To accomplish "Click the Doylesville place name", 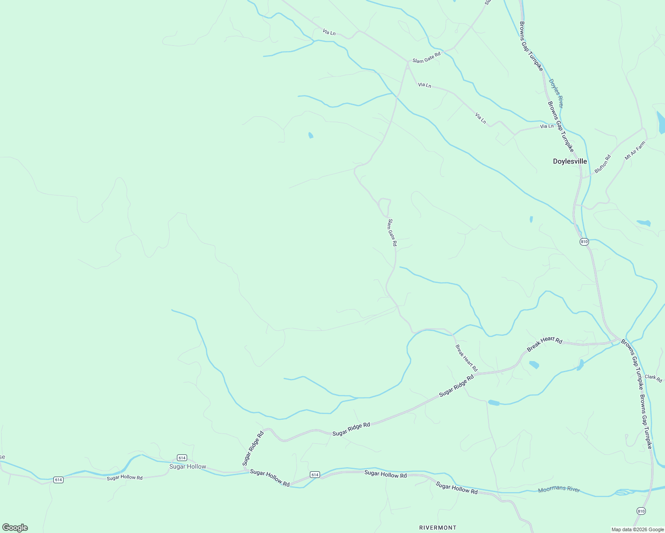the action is [x=569, y=161].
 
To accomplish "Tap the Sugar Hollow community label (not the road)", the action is [x=188, y=466].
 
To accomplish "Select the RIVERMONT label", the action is [x=437, y=527].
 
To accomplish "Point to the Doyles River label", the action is [x=556, y=93].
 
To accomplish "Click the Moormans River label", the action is [x=559, y=489].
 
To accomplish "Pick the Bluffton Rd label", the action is [x=602, y=164].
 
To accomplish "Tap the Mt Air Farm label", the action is [x=634, y=151].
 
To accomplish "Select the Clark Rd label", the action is [x=653, y=378].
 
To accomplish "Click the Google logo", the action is [x=15, y=528].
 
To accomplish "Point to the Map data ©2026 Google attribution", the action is [x=637, y=529].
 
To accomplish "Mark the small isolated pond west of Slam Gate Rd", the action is [x=310, y=135].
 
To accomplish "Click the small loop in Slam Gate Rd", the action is [x=384, y=207].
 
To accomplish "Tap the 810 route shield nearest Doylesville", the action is [x=584, y=242].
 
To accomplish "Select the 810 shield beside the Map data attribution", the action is [x=641, y=511].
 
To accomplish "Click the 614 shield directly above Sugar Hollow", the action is [x=181, y=457].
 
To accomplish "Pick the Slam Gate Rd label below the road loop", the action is [x=392, y=232].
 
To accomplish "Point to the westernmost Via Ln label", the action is [x=329, y=32].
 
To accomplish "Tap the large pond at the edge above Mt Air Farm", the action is [x=661, y=122].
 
